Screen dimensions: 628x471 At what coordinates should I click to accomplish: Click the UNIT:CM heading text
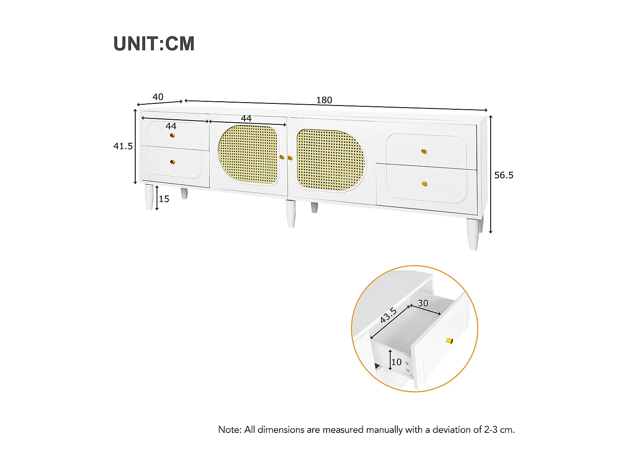154,44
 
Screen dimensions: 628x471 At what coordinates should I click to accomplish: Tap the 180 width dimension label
324,100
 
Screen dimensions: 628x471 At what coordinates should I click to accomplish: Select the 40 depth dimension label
158,97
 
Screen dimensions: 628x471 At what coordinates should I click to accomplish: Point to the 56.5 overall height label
504,175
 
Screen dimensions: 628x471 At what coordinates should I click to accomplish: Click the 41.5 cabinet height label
123,146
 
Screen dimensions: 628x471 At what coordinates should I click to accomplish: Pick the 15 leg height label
164,199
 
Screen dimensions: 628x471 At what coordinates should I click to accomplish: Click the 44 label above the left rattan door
246,118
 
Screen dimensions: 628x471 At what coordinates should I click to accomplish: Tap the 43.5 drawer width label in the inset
388,315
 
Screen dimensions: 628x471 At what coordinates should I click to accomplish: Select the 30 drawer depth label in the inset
423,303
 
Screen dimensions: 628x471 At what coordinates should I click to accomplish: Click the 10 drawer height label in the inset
396,362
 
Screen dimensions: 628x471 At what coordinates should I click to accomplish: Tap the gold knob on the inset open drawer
449,340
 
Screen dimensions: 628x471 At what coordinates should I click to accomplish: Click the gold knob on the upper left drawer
172,135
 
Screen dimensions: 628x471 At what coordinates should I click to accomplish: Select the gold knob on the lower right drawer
424,184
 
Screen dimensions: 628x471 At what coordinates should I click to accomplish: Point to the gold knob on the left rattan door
282,157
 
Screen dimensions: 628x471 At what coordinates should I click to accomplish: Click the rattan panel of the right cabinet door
331,160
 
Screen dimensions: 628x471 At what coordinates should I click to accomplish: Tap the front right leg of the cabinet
473,234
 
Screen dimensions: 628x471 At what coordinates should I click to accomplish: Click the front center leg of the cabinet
291,214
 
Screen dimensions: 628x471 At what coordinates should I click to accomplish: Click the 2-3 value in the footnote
491,430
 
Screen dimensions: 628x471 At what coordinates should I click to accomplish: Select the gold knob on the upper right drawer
424,151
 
